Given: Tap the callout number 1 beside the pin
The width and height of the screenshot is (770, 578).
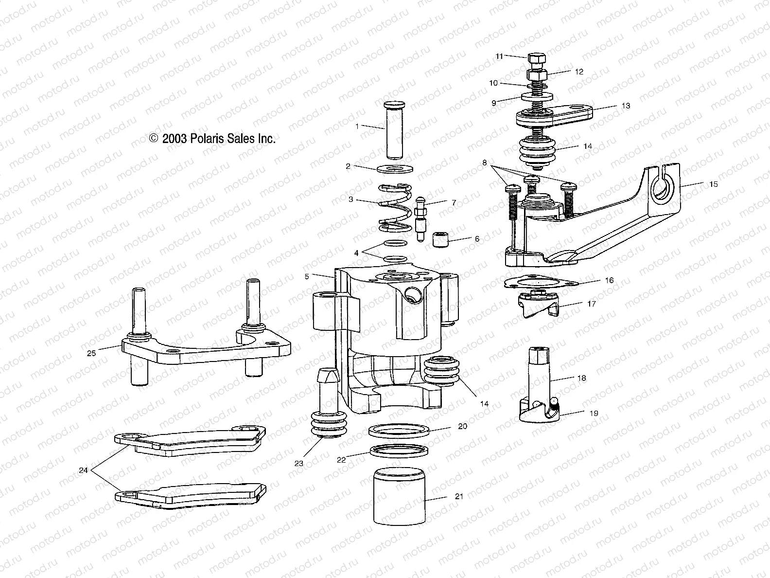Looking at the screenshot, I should [x=358, y=126].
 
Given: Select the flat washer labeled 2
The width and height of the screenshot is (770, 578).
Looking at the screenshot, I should [x=395, y=169].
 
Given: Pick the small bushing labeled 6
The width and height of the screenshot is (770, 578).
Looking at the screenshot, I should [x=440, y=239].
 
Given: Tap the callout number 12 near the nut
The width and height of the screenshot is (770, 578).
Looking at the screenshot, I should [x=578, y=72].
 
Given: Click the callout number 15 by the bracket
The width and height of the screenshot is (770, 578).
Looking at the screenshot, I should [x=713, y=184].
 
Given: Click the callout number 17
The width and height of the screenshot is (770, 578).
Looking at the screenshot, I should [x=592, y=304].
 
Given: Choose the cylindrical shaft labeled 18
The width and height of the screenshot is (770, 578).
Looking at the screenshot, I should [x=540, y=375].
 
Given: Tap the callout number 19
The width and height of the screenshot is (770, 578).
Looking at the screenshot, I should [x=594, y=414].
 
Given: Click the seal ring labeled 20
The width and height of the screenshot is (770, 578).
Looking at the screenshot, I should [x=400, y=431].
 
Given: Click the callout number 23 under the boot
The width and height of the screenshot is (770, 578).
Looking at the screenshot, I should [x=299, y=463].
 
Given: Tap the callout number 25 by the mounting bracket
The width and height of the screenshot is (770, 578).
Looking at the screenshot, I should [x=91, y=353].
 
